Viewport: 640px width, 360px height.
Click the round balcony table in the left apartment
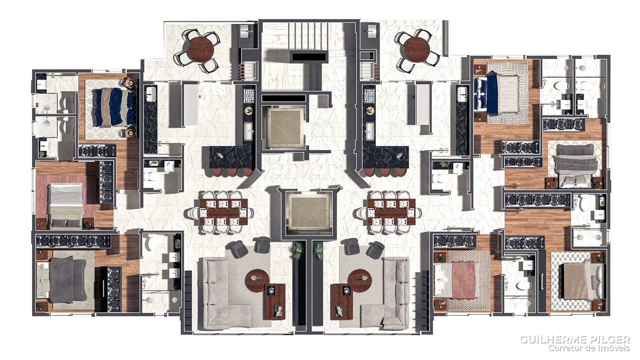(200, 49)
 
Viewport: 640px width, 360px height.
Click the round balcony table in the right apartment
(417, 49)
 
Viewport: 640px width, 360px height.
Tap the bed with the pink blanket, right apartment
(457, 280)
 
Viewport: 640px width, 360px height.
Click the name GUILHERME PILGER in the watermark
(575, 339)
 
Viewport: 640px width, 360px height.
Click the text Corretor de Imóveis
(589, 348)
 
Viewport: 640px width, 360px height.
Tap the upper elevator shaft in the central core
(285, 127)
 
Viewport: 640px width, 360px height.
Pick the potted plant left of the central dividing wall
(297, 250)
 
